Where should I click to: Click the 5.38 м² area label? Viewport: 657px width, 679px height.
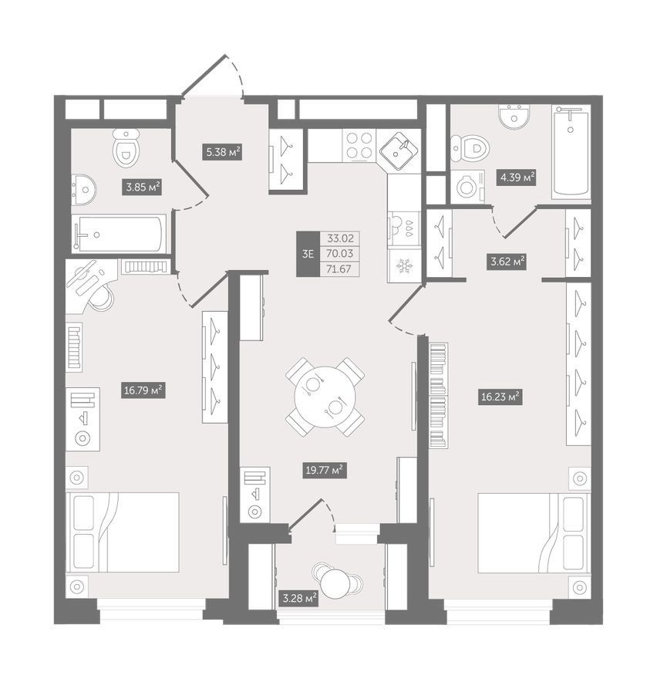(x=222, y=152)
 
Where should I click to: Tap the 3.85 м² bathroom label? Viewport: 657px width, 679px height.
(x=142, y=187)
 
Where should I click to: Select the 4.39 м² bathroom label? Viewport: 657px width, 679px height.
(x=517, y=177)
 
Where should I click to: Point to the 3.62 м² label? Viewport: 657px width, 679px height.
(x=507, y=262)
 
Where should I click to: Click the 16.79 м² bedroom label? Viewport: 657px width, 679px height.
(x=143, y=390)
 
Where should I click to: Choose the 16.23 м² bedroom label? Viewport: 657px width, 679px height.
(x=500, y=397)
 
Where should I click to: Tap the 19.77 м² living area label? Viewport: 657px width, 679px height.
(x=325, y=470)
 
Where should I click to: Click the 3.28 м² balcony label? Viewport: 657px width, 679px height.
(x=299, y=600)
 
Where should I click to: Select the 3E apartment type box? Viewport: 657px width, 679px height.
(x=308, y=254)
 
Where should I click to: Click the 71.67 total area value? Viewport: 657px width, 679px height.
(x=339, y=269)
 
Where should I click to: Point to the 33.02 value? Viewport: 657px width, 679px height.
(x=340, y=238)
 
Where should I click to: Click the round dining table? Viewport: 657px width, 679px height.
(x=325, y=397)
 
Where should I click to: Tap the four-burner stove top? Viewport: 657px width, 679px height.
(x=359, y=145)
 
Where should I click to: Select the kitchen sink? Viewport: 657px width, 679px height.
(x=399, y=150)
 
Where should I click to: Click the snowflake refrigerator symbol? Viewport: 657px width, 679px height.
(x=404, y=265)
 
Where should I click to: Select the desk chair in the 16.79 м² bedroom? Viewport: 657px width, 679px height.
(x=102, y=297)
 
